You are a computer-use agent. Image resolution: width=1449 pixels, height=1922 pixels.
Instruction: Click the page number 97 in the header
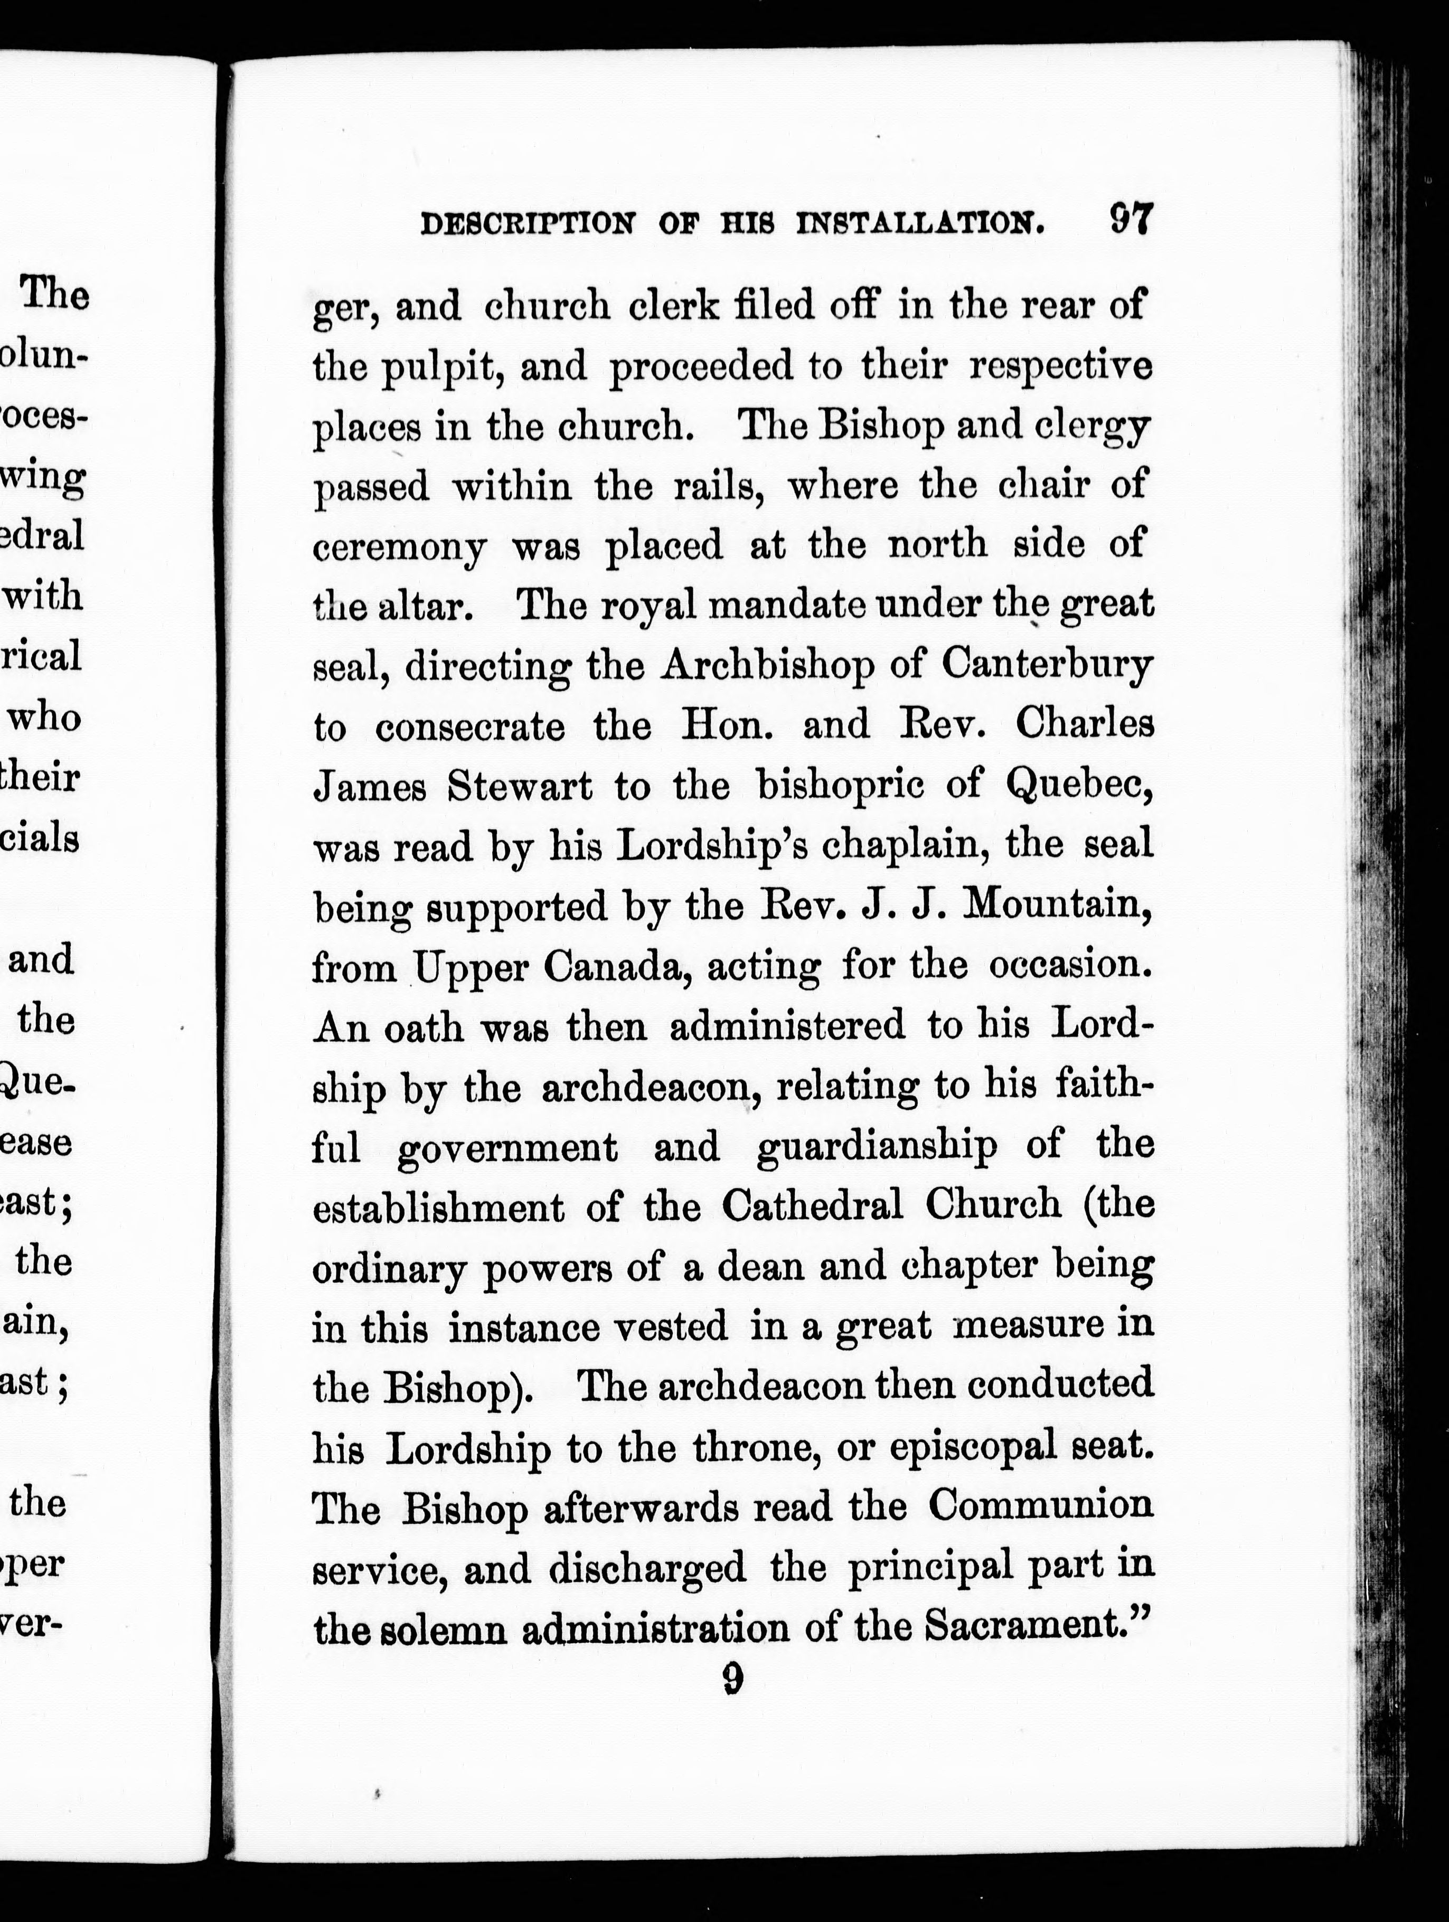coord(1130,220)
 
